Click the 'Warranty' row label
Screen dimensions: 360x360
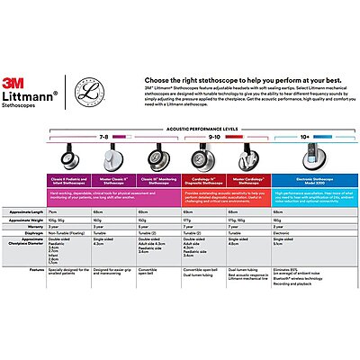tap(33, 224)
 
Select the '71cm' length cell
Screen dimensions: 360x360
tap(53, 210)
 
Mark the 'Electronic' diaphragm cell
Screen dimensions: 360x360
tap(283, 231)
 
